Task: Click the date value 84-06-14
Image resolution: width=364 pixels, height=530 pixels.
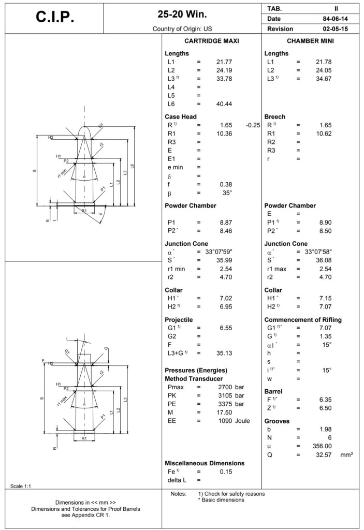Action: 334,19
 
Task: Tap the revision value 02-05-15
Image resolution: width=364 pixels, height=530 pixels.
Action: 334,29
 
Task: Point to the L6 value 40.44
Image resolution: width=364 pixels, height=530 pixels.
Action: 224,104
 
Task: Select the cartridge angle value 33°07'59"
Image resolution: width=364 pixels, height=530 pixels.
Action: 220,252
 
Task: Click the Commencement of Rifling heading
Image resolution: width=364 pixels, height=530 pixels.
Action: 303,320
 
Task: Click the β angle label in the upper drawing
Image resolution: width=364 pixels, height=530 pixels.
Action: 100,213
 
